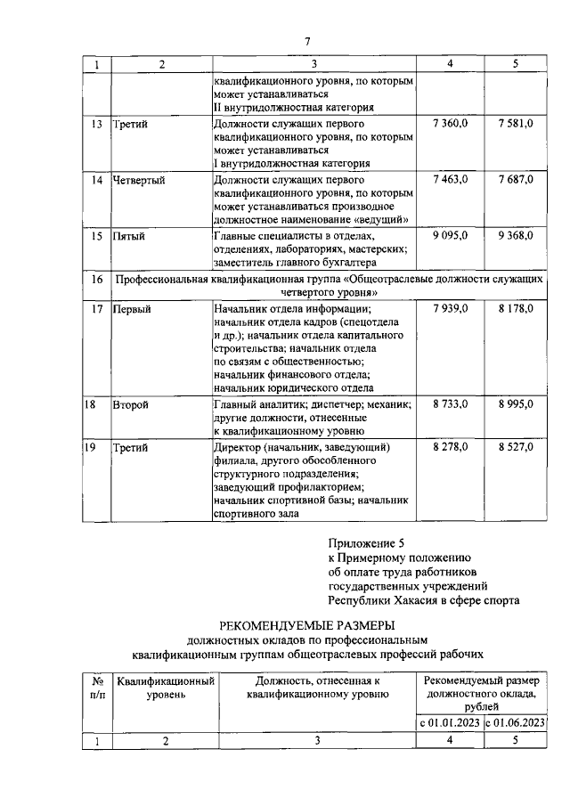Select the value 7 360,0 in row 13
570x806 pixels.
point(450,124)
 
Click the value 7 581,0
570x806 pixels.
point(516,124)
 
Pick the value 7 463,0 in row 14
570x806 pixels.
point(450,180)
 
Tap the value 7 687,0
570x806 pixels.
point(516,180)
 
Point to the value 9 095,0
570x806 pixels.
point(450,236)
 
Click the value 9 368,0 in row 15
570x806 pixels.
point(516,236)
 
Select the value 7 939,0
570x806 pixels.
point(450,309)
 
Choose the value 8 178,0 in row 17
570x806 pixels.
point(516,309)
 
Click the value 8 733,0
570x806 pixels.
point(450,404)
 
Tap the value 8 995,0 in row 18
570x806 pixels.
point(516,404)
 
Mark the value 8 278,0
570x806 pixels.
point(450,446)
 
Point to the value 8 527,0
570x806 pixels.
point(516,446)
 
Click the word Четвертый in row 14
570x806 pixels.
point(139,180)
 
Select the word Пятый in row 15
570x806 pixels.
point(128,236)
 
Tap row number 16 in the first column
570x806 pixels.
point(97,280)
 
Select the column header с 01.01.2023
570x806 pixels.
point(450,722)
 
